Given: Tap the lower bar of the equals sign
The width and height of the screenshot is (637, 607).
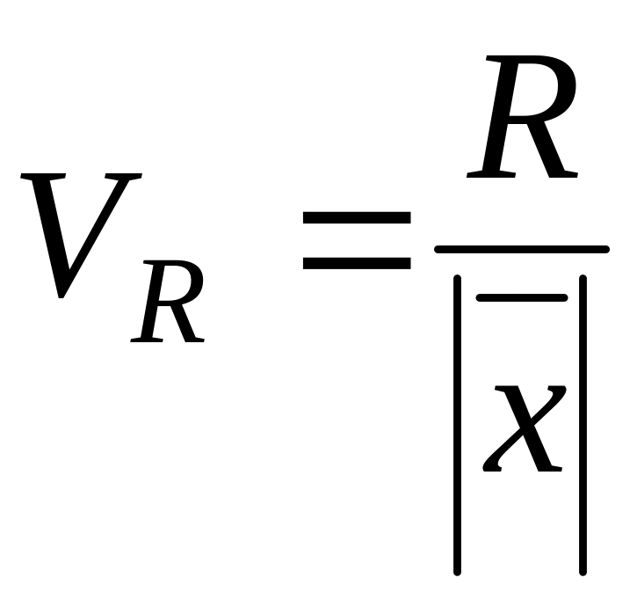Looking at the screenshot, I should click(x=356, y=261).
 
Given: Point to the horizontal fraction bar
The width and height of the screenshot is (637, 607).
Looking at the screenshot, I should click(x=522, y=249).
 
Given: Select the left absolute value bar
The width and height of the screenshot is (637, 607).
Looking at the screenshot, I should click(x=458, y=422).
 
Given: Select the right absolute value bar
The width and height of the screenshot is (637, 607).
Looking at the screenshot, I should click(x=583, y=422).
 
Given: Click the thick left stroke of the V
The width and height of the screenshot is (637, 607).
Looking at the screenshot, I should click(x=46, y=229).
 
